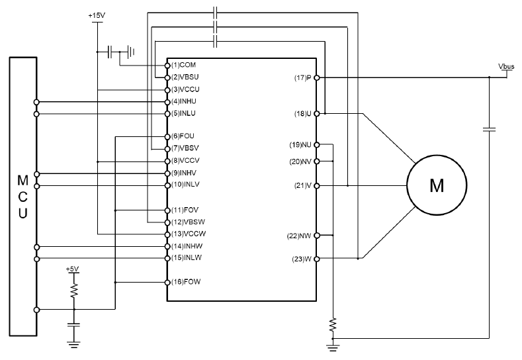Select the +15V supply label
[97, 16]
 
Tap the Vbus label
[506, 66]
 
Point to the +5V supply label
[72, 269]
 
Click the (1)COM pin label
[183, 65]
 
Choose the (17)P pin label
[302, 78]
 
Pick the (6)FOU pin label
[183, 136]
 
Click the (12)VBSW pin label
[188, 222]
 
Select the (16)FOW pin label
[186, 282]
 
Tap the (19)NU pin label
[300, 145]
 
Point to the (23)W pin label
[302, 259]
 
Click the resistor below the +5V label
[74, 291]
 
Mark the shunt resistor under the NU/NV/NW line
[333, 325]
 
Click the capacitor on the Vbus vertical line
[489, 129]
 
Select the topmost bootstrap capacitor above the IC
[215, 13]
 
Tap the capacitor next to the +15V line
[110, 52]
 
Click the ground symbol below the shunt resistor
[333, 347]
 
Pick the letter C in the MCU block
[22, 197]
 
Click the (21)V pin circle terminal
[317, 186]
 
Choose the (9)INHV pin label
[184, 173]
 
